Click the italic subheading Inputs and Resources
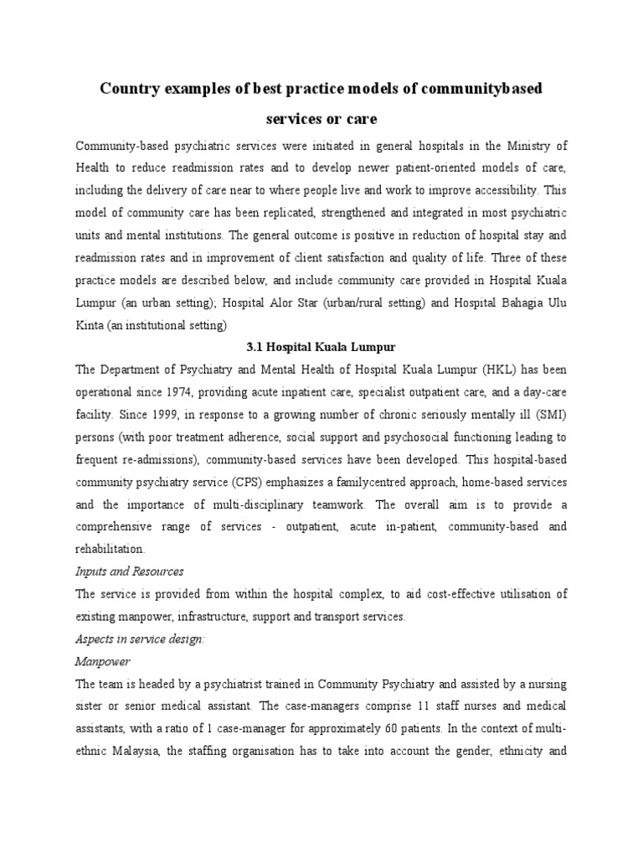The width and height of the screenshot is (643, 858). pyautogui.click(x=129, y=571)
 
